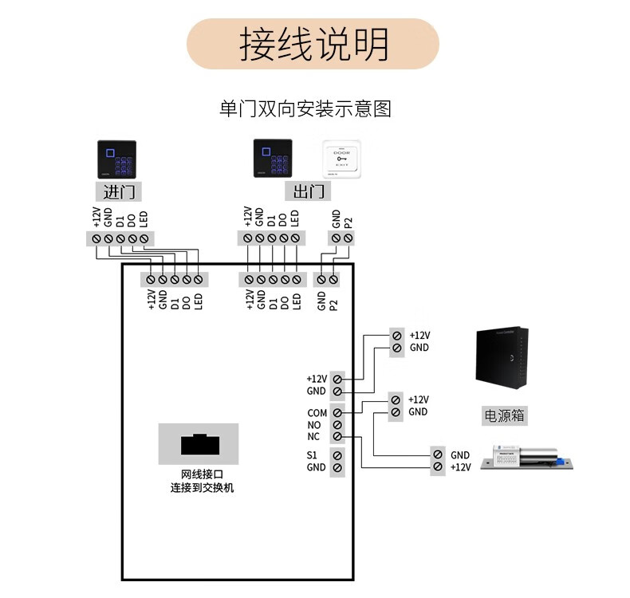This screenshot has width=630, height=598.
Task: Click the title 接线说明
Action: [313, 44]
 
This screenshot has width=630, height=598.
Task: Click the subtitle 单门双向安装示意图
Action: [305, 108]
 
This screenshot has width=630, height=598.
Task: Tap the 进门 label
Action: [117, 191]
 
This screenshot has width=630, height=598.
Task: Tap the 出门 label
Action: [308, 191]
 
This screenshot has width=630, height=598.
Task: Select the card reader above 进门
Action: [116, 159]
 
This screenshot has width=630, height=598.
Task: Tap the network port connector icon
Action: [198, 443]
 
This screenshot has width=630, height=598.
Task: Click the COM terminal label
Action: [317, 413]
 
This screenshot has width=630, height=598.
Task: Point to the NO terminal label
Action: [314, 425]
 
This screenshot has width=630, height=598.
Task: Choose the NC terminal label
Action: [314, 437]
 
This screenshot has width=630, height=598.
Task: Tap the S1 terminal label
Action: [313, 455]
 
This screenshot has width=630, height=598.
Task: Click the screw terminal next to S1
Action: [337, 455]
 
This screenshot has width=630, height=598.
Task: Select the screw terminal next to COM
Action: [337, 413]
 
